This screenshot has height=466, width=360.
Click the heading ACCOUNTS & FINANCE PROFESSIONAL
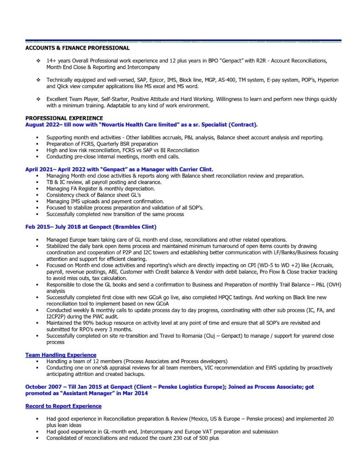(x=77, y=48)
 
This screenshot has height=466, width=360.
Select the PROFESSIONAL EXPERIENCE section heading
(x=64, y=118)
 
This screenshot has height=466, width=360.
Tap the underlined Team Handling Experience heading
(x=61, y=355)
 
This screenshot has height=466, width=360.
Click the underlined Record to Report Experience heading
(x=63, y=406)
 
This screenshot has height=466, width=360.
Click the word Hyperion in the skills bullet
(x=327, y=80)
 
